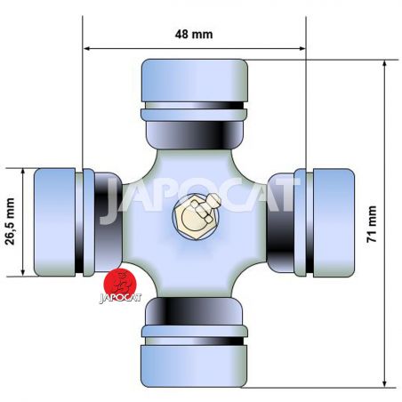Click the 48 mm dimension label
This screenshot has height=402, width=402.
(x=194, y=34)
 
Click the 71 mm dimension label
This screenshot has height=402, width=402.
(x=372, y=224)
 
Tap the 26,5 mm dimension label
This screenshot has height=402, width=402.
(x=10, y=221)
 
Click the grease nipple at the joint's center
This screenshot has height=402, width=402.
(x=197, y=216)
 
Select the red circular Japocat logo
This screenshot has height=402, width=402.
(x=119, y=283)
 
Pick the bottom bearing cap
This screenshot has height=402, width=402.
(x=194, y=366)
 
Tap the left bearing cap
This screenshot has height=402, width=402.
(x=55, y=222)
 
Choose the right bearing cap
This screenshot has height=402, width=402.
(x=334, y=222)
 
